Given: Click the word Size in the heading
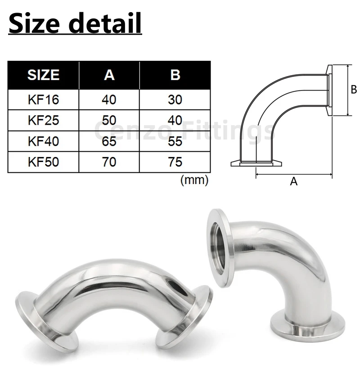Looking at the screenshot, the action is click(34, 23).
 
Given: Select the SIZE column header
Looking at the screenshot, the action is click(43, 75).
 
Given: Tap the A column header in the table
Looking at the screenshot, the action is click(109, 75).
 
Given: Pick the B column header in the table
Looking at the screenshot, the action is click(175, 75).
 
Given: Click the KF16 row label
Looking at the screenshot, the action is click(43, 99).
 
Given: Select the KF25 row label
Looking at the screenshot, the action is click(43, 120).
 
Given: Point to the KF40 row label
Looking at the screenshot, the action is click(43, 141).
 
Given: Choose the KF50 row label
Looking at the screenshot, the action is click(43, 162).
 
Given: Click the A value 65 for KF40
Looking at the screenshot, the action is click(109, 141).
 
